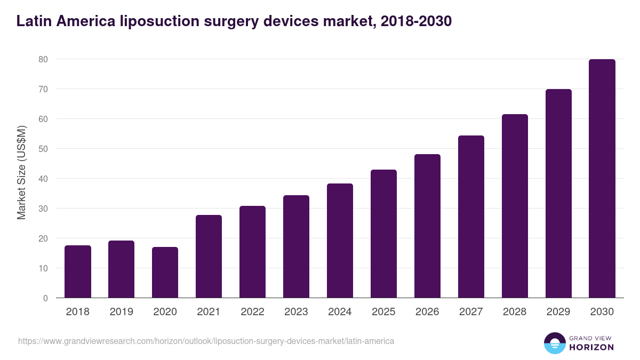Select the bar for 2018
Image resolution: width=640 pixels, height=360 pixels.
78,272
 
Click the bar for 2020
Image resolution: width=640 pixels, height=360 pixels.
165,273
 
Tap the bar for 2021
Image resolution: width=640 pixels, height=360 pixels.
209,257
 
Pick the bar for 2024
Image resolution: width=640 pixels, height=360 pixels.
340,241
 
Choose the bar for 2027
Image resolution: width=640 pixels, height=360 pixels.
471,217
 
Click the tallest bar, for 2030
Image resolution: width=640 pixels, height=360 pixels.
602,179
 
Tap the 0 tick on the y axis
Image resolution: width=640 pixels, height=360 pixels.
46,298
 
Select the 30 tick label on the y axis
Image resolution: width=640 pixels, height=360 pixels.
44,209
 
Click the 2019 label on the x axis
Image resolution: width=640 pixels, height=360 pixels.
122,312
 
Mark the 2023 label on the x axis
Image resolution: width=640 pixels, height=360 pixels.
296,312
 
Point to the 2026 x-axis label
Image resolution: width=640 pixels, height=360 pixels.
427,312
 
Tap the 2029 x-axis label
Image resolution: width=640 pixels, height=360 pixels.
558,312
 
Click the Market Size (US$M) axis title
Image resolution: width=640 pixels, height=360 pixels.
22,173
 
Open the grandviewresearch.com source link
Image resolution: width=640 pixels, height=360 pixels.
206,341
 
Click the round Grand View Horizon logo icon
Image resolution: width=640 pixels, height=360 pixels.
555,343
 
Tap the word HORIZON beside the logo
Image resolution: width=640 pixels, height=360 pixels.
592,347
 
